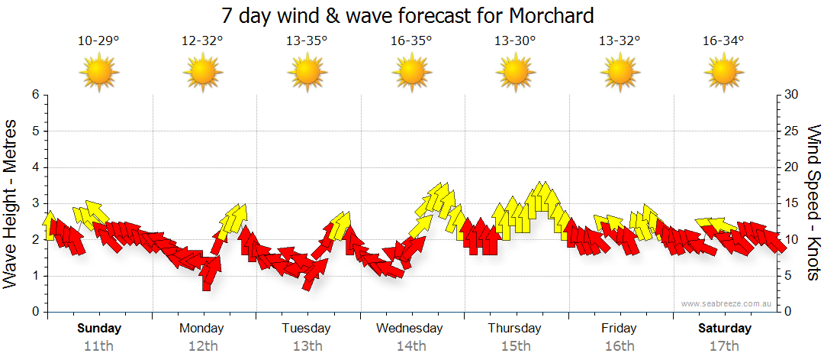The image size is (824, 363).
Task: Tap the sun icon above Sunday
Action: [x=98, y=73]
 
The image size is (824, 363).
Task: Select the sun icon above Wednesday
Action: [x=411, y=73]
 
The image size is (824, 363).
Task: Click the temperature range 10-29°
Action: [x=98, y=41]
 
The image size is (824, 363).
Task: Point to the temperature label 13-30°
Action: [x=515, y=41]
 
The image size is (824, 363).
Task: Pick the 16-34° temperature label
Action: [x=723, y=41]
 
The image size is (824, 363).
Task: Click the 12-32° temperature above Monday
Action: [x=202, y=41]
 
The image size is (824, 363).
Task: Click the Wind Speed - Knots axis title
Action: [x=813, y=203]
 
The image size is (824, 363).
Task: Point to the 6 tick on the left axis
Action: [x=35, y=95]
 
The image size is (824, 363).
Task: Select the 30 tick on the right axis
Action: [x=792, y=95]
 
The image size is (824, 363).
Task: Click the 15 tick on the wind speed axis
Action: [x=792, y=203]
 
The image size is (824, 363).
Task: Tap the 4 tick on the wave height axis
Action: [x=35, y=167]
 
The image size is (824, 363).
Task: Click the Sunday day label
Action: [x=99, y=329]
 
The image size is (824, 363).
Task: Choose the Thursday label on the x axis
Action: [x=515, y=329]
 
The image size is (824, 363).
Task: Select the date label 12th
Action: [x=203, y=346]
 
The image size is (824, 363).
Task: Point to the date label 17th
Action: [x=724, y=346]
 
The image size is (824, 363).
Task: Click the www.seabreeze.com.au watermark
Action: [x=727, y=304]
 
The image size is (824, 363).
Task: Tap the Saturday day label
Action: [x=725, y=329]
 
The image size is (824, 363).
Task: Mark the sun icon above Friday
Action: [x=620, y=73]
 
